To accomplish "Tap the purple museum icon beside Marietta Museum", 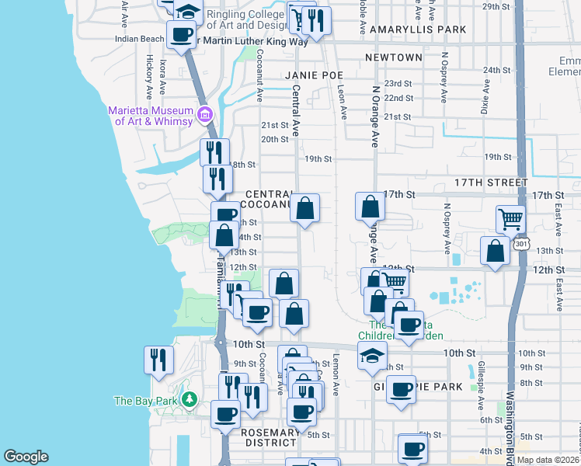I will pos(205,116).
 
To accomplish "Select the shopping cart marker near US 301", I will pos(510,219).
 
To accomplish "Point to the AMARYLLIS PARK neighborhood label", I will pos(418,30).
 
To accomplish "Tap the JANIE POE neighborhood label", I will pos(314,75).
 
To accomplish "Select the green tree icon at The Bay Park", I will pos(189,400).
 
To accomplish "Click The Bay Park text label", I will pos(147,401).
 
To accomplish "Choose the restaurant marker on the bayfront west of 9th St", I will pos(158,360).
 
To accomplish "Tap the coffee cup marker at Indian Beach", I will pos(181,34).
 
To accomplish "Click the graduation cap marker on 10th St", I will pos(372,356).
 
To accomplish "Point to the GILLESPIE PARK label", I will pos(419,386).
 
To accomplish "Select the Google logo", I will pos(26,457).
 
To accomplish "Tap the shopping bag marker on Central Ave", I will pos(305,207).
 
